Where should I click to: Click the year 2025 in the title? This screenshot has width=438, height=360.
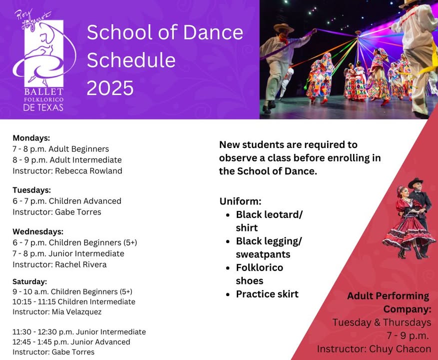pyautogui.click(x=110, y=88)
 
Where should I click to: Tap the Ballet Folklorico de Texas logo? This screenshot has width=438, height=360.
pyautogui.click(x=44, y=60)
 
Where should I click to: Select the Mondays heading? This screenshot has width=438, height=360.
pyautogui.click(x=31, y=138)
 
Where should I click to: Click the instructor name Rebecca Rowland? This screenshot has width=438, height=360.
pyautogui.click(x=88, y=170)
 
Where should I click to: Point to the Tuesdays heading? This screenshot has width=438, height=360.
pyautogui.click(x=32, y=190)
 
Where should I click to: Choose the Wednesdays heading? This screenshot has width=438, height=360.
pyautogui.click(x=38, y=231)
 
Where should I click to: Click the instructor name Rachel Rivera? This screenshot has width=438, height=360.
pyautogui.click(x=81, y=264)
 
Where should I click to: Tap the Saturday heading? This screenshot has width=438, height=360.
pyautogui.click(x=30, y=281)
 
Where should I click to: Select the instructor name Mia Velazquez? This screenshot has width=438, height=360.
pyautogui.click(x=76, y=312)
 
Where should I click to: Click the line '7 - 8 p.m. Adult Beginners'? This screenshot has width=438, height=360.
pyautogui.click(x=61, y=149)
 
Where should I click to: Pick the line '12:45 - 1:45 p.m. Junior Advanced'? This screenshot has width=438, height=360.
pyautogui.click(x=71, y=342)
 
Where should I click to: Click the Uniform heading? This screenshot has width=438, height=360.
pyautogui.click(x=240, y=201)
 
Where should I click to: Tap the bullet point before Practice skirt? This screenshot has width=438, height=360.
pyautogui.click(x=228, y=294)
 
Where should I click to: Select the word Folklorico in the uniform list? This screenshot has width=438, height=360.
pyautogui.click(x=260, y=267)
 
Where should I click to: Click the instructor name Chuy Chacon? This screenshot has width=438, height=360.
pyautogui.click(x=400, y=349)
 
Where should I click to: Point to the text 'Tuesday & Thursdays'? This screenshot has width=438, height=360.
pyautogui.click(x=382, y=322)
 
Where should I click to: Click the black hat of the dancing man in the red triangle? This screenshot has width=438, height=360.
pyautogui.click(x=416, y=182)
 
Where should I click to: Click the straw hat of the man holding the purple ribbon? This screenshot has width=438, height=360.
pyautogui.click(x=284, y=27)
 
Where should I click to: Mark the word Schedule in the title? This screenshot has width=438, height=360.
pyautogui.click(x=131, y=60)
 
